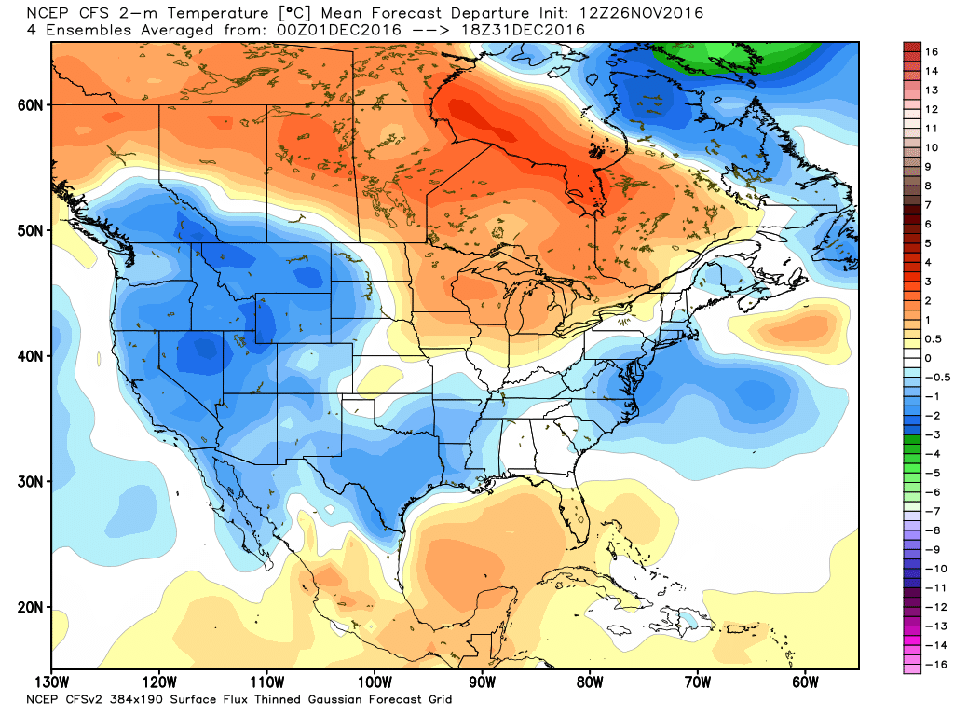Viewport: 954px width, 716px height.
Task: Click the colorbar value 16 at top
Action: pyautogui.click(x=931, y=51)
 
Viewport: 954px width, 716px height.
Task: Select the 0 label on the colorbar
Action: pyautogui.click(x=928, y=358)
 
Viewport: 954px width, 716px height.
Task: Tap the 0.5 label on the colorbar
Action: pyautogui.click(x=933, y=338)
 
